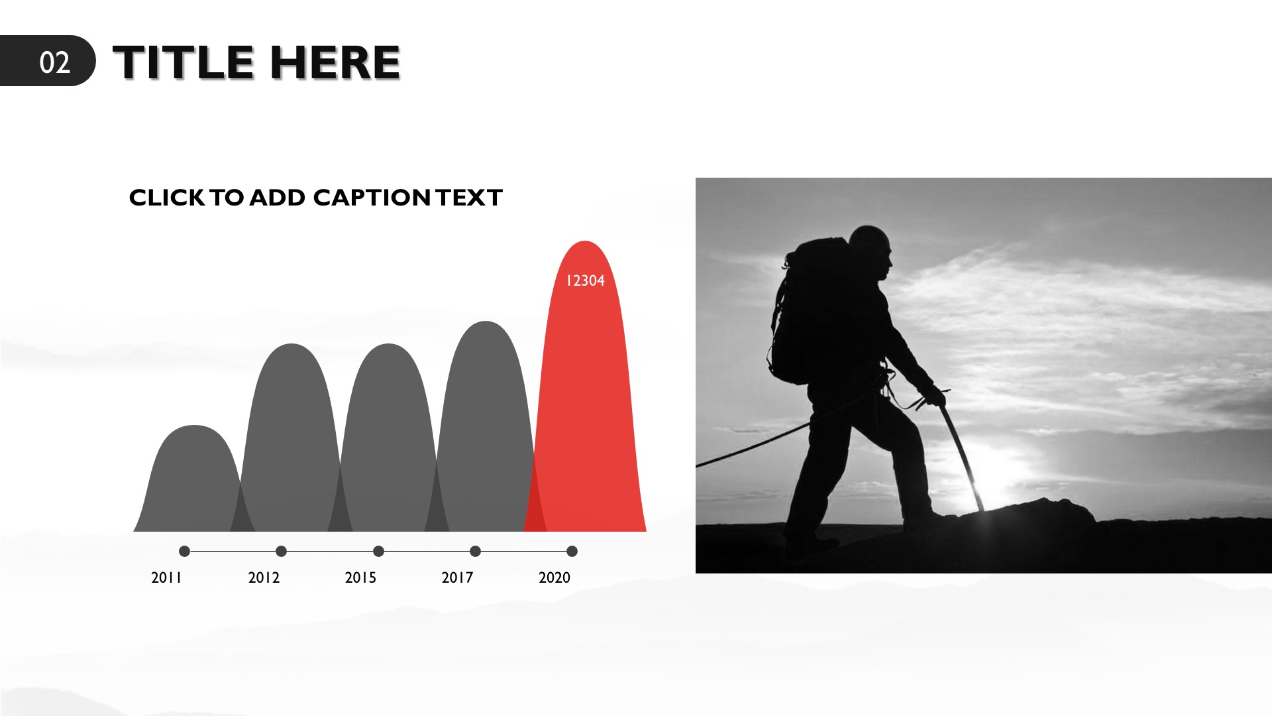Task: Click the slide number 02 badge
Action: click(48, 61)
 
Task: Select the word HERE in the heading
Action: click(335, 62)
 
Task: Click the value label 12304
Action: click(585, 280)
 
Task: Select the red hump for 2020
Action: click(586, 398)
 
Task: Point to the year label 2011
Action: click(166, 577)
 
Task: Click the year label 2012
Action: click(264, 577)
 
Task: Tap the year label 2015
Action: click(360, 577)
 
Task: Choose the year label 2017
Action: click(457, 577)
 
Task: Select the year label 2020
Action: click(555, 577)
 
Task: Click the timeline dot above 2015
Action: click(378, 551)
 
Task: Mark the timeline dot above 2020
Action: click(572, 551)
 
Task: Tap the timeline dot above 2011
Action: click(184, 551)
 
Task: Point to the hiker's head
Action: click(871, 252)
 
